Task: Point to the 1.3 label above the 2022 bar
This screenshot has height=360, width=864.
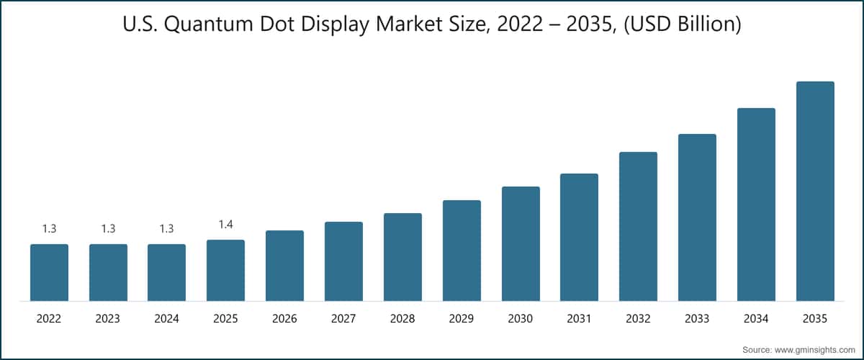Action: pyautogui.click(x=49, y=229)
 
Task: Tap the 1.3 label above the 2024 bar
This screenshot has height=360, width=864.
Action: pyautogui.click(x=166, y=229)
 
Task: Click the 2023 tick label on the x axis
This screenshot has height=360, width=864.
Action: pyautogui.click(x=108, y=318)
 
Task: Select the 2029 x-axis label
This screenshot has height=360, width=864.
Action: pyautogui.click(x=462, y=318)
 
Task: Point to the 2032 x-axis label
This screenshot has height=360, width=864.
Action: pyautogui.click(x=638, y=318)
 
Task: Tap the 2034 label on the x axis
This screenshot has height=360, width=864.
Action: pyautogui.click(x=756, y=318)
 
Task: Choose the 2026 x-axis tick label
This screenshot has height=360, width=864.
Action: pyautogui.click(x=284, y=318)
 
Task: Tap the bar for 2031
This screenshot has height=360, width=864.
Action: pyautogui.click(x=579, y=237)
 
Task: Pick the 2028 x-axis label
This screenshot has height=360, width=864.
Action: pyautogui.click(x=402, y=318)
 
